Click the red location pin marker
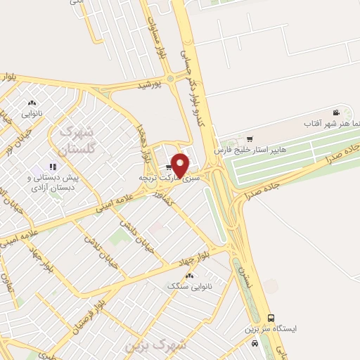(181, 165)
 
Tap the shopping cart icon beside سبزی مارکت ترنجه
(169, 168)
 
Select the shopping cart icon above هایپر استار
(249, 139)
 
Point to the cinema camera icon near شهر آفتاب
(337, 113)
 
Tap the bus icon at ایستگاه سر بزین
(271, 318)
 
